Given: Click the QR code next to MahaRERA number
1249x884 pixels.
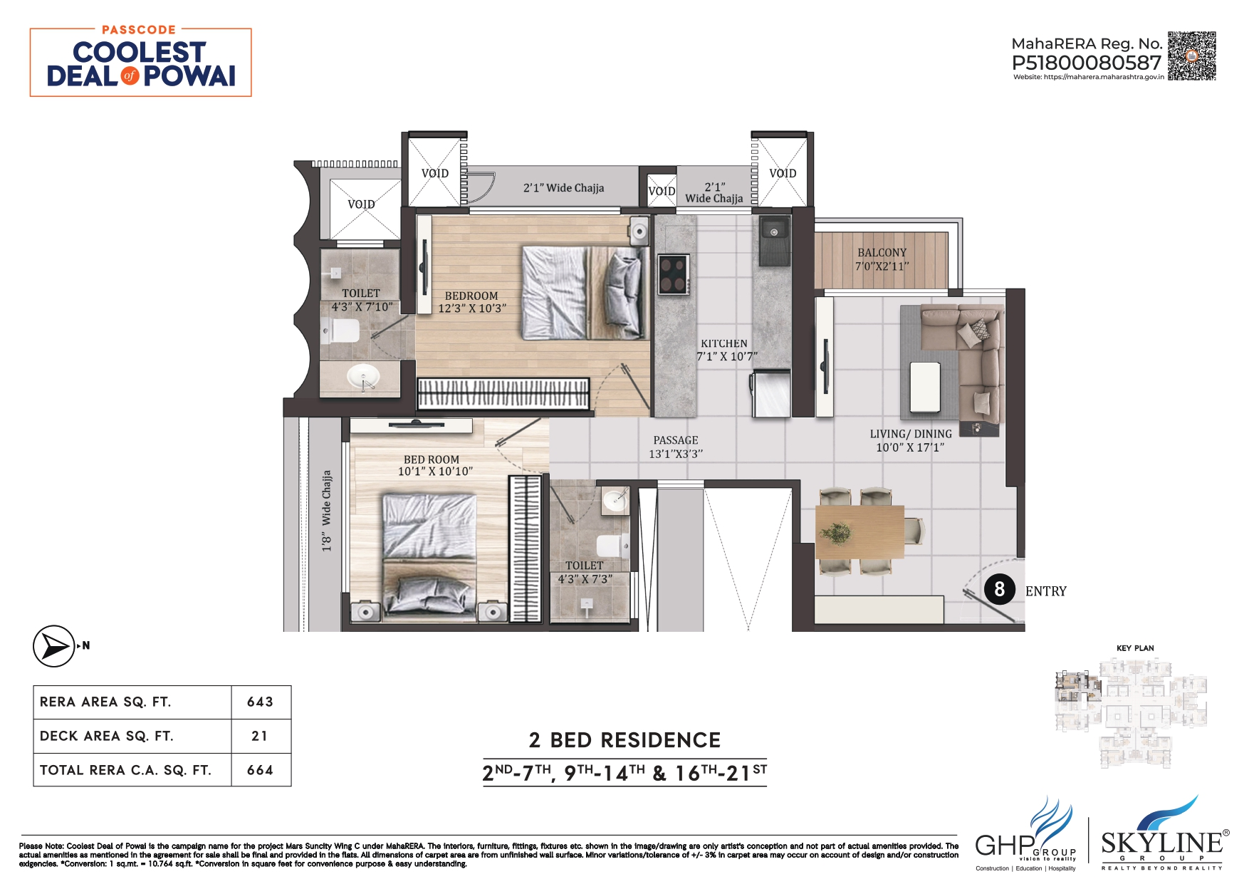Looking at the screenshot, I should pos(1191,56).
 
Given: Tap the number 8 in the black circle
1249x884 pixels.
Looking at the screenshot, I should pos(999,589).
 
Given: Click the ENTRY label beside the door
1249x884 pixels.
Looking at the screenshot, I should pos(1045,591).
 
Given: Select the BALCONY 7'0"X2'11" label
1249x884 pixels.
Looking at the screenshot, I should pos(882,259).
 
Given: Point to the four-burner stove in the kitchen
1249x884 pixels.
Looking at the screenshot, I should pos(673,274).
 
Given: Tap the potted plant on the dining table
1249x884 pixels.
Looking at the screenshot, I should pos(836,531).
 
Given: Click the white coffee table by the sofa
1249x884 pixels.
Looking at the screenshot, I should pos(925,388).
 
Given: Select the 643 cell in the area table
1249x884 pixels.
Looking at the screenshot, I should pos(260,702).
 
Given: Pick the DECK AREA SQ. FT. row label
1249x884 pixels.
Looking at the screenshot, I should pos(107,736).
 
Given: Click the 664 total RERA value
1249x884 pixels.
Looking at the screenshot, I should pos(260,770).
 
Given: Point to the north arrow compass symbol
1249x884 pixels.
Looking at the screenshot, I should pos(54,646).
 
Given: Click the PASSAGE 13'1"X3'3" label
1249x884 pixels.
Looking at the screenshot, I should pos(675,447).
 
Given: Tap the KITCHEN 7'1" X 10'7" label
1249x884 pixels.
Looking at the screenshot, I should pos(725,350).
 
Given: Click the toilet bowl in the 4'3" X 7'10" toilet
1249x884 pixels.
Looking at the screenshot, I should pos(343,331).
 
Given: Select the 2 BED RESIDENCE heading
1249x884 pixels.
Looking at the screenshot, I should pos(624,740).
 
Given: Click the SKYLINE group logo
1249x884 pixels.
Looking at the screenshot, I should pos(1161,833).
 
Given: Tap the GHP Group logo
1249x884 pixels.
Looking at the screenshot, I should pos(1025,833).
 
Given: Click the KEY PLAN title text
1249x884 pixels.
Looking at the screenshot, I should pos(1135,648).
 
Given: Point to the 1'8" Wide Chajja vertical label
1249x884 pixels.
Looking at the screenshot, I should pos(327,511).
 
